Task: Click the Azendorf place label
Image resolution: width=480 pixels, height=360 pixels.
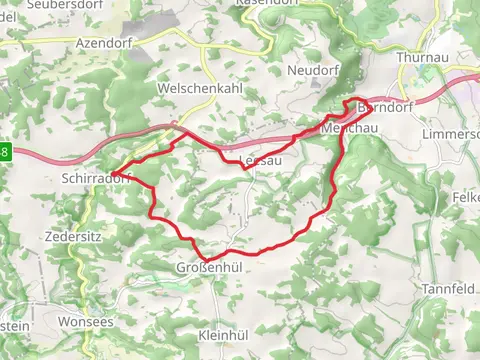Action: tap(104, 43)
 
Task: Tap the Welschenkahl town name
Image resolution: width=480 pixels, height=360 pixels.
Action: tap(197, 88)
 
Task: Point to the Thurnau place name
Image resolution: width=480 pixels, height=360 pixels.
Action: tap(419, 58)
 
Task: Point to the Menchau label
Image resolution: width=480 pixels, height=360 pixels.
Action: tap(347, 130)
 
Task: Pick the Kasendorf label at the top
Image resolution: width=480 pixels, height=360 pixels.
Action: tap(267, 3)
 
